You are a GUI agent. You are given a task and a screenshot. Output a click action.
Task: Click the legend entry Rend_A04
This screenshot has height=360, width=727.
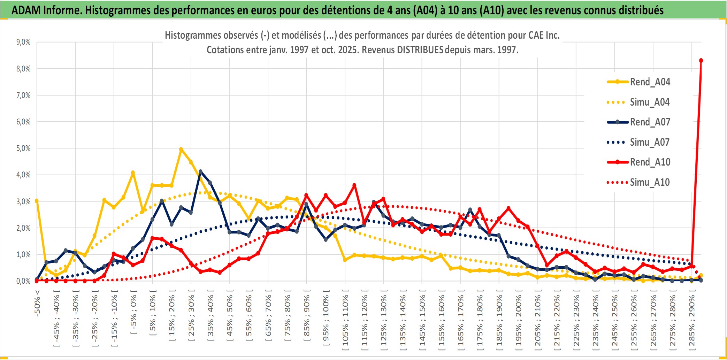(x=650, y=82)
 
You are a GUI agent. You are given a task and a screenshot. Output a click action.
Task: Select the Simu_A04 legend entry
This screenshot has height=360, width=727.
(x=650, y=102)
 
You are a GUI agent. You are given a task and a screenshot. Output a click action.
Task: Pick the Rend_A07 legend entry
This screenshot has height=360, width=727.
(x=650, y=122)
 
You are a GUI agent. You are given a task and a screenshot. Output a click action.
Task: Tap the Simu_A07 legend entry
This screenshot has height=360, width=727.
(x=650, y=142)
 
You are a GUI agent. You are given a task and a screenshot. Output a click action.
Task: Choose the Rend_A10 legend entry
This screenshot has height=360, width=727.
(x=650, y=162)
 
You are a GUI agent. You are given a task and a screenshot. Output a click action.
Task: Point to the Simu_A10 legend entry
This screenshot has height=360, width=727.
(x=650, y=182)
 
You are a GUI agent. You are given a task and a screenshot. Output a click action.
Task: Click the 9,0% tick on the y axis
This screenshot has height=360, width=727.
(x=23, y=42)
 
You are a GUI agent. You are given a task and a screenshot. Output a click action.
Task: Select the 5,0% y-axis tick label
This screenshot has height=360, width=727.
(x=23, y=148)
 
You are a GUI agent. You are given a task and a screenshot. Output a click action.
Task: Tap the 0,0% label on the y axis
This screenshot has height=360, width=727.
(x=23, y=281)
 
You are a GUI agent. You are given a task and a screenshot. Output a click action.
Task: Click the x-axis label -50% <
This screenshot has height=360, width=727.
(x=37, y=303)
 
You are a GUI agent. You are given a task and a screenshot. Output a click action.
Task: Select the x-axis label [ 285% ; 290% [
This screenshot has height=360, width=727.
(x=692, y=321)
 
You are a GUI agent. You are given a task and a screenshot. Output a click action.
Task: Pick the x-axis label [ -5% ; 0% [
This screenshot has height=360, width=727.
(x=133, y=312)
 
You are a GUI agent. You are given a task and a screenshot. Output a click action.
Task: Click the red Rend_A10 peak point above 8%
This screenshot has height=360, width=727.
(x=701, y=61)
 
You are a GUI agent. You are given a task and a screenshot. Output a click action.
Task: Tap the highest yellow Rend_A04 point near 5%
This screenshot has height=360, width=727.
(x=181, y=150)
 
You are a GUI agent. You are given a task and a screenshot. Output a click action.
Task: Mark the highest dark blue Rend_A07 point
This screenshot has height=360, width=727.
(x=200, y=171)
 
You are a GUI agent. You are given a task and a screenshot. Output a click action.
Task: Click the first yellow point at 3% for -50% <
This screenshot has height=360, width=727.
(x=37, y=201)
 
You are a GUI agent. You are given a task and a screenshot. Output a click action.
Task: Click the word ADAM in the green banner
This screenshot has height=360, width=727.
(x=26, y=10)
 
